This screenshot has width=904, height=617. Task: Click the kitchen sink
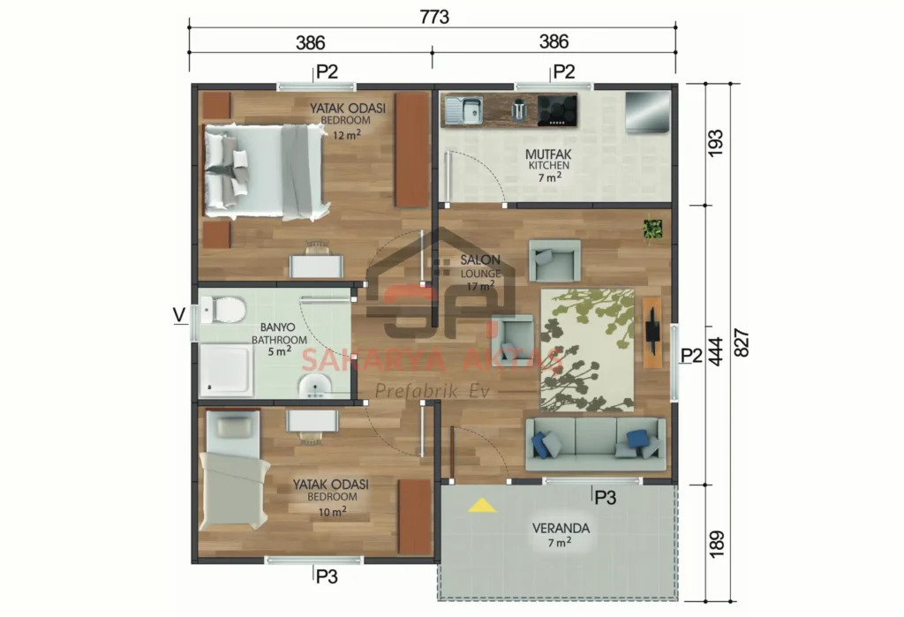pyautogui.click(x=463, y=110)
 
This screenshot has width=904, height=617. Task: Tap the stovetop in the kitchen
pyautogui.click(x=558, y=109)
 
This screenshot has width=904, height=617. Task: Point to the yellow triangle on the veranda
pyautogui.click(x=481, y=506)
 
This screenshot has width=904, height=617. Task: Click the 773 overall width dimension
pyautogui.click(x=433, y=17)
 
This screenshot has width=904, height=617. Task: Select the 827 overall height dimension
pyautogui.click(x=742, y=340)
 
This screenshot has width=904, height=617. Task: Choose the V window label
pyautogui.click(x=179, y=315)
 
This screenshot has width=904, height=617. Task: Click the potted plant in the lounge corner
pyautogui.click(x=652, y=229)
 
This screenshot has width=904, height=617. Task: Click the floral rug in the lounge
pyautogui.click(x=587, y=350)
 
